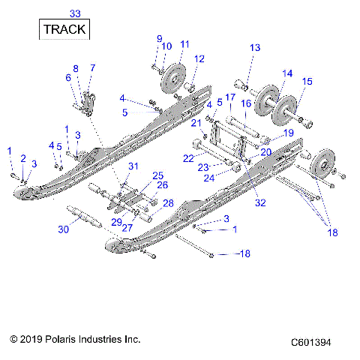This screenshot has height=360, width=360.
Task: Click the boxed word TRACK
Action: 64,30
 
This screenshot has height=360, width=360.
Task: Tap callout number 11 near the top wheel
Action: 184,43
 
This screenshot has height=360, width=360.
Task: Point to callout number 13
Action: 255,48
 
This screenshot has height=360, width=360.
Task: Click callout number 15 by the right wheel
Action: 307,82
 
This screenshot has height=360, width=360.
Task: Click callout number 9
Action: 159,38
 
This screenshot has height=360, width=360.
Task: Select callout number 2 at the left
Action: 23,158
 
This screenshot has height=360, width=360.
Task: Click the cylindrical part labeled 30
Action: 82,217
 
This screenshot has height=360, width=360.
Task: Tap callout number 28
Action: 168,203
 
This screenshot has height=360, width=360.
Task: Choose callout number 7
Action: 92,68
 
